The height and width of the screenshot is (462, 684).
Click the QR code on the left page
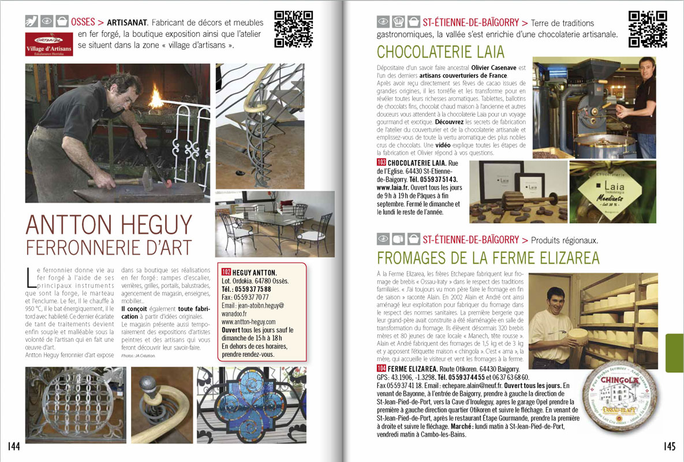[293, 29]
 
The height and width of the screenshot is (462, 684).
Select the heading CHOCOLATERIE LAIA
[440, 52]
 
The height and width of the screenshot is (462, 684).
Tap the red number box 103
[381, 163]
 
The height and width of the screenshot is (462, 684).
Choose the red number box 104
[381, 369]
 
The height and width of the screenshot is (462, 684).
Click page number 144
[15, 446]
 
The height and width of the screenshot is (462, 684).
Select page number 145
[669, 446]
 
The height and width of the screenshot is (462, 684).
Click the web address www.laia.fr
[394, 188]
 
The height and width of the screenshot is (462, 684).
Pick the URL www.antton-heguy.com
[248, 321]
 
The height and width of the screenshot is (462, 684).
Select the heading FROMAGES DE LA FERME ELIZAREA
[488, 258]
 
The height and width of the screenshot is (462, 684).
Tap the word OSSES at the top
[84, 23]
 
